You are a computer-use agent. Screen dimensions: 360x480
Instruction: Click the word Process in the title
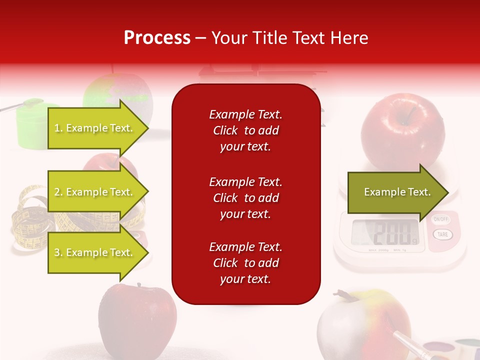click(x=157, y=38)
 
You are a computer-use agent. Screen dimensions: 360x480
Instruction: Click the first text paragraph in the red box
click(x=245, y=130)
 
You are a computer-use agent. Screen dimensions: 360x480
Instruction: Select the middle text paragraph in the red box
click(x=245, y=198)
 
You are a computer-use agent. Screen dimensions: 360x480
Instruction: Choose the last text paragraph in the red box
click(x=245, y=263)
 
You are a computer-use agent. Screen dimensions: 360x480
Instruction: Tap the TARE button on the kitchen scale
click(x=442, y=234)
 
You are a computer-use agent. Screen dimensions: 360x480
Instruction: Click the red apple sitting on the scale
click(x=402, y=131)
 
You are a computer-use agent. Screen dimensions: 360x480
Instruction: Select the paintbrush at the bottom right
click(x=407, y=339)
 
